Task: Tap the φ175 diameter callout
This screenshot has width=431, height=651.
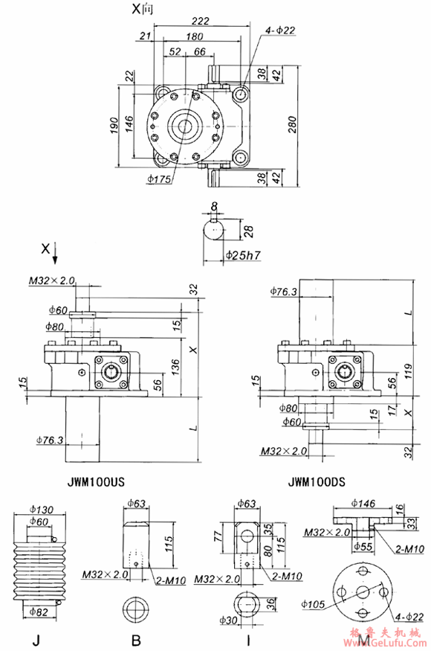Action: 160,179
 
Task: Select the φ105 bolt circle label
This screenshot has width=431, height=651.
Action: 316,603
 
